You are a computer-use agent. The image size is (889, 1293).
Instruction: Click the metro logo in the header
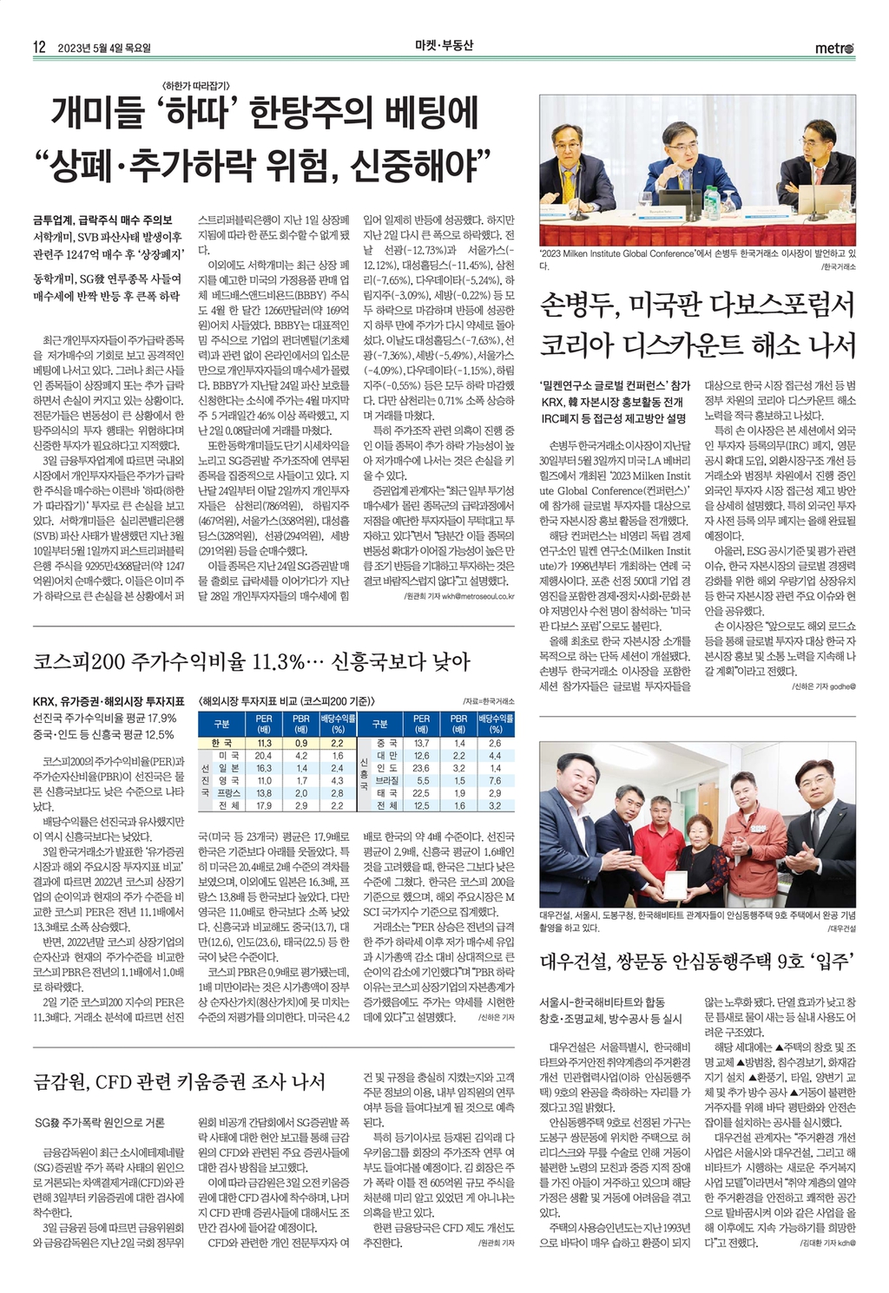[834, 48]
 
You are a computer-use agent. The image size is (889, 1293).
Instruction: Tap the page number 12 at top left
[39, 48]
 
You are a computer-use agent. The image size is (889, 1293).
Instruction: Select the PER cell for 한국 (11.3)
[264, 743]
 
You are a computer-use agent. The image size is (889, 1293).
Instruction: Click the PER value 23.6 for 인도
[421, 768]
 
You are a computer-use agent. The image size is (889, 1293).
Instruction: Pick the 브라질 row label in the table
[386, 780]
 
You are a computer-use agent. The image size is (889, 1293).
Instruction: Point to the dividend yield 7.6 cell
[495, 780]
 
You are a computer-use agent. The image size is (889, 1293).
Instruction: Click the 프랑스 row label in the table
[228, 793]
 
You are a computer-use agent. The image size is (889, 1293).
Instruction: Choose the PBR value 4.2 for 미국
[300, 756]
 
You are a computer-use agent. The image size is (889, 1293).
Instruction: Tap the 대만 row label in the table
[386, 756]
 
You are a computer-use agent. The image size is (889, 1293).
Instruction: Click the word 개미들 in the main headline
[96, 113]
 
